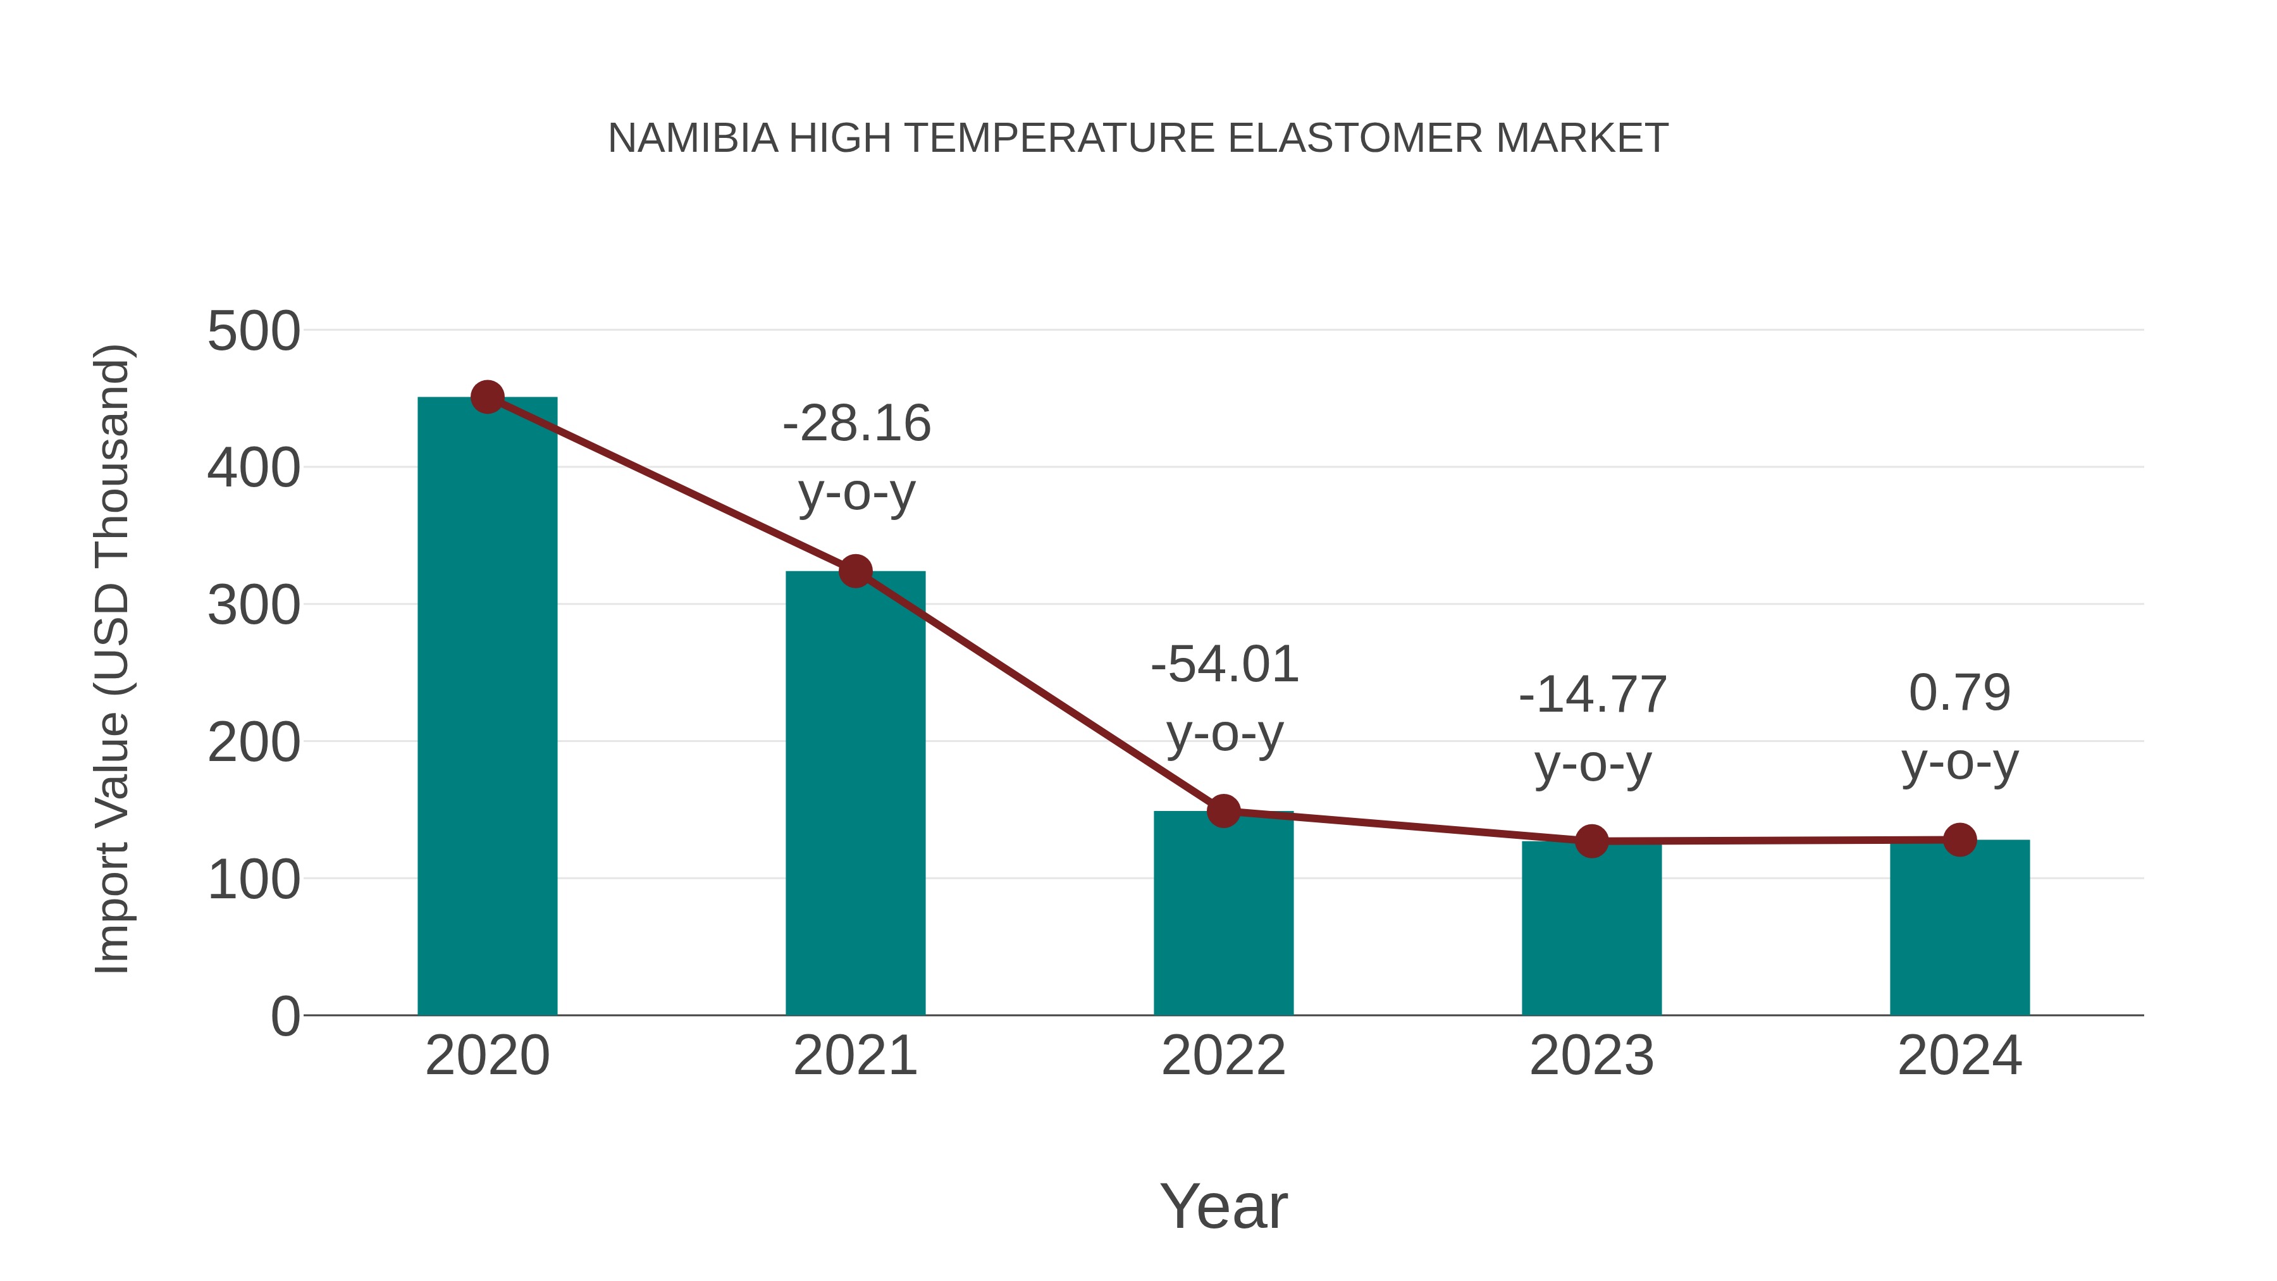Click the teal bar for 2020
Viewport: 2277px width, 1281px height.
point(487,707)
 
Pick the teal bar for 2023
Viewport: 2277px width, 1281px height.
point(1591,928)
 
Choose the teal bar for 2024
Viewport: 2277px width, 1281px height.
point(1959,927)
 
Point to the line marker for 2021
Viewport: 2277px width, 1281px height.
point(855,571)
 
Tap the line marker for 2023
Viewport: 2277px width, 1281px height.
point(1591,841)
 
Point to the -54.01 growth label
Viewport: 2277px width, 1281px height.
point(1225,665)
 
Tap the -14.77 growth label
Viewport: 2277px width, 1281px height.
point(1592,695)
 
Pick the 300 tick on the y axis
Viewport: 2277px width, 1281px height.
point(254,607)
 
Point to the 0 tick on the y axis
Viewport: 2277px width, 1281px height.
point(285,1017)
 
